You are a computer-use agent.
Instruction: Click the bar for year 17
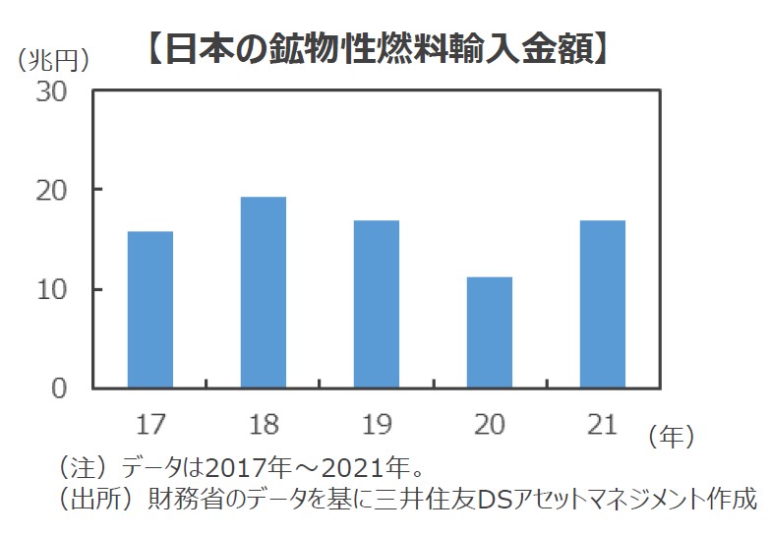150,310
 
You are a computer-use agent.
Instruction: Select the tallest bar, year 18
264,292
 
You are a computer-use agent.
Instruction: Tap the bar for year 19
377,304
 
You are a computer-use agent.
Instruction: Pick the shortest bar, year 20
489,332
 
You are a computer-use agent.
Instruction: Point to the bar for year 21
603,304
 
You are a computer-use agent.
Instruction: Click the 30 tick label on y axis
53,90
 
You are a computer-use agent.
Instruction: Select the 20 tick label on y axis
53,190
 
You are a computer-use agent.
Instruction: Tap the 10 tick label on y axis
53,290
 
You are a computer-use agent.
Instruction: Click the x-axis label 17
150,425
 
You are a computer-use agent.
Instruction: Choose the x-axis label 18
264,425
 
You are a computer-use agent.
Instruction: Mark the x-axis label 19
377,425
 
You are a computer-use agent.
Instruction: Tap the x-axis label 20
489,425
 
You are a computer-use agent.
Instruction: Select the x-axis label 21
601,425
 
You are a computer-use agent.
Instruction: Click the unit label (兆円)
55,58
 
